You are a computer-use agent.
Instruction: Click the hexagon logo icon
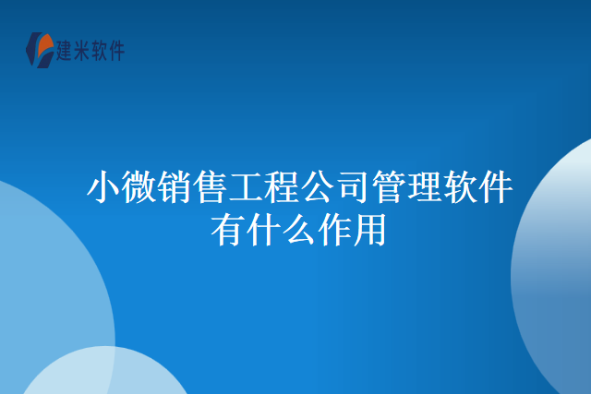coord(40,50)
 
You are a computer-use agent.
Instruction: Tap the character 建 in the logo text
coord(68,51)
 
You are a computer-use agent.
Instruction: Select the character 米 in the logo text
coord(90,51)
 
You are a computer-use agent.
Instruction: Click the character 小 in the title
coord(102,189)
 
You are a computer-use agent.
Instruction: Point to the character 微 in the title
coord(138,189)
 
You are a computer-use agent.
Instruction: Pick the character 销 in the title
coord(174,189)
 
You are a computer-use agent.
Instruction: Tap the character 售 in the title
coord(210,189)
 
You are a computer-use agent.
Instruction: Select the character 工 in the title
coord(246,189)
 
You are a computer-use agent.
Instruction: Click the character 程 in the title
coord(282,189)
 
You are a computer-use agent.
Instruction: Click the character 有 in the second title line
coord(227,231)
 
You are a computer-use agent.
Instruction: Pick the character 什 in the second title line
coord(263,231)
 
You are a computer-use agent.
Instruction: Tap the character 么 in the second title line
coord(299,231)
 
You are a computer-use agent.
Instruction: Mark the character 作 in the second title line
coord(335,231)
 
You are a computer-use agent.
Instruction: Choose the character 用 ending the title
coord(370,231)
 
